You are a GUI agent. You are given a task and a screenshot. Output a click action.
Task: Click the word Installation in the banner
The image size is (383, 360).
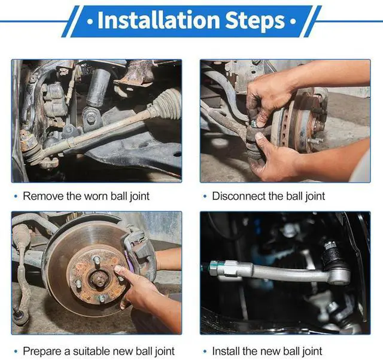click(159, 20)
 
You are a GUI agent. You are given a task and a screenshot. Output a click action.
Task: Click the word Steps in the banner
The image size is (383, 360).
click(255, 22)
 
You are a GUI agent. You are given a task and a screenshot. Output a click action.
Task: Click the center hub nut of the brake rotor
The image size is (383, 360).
click(98, 277)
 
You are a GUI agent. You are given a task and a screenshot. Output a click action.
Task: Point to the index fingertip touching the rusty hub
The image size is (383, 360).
click(118, 269)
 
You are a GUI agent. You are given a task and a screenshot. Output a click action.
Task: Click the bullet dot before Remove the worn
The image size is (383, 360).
click(16, 197)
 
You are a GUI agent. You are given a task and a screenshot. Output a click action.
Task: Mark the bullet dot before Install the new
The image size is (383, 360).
click(205, 352)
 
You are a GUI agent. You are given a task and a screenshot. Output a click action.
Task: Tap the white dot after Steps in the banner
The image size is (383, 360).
click(293, 22)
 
